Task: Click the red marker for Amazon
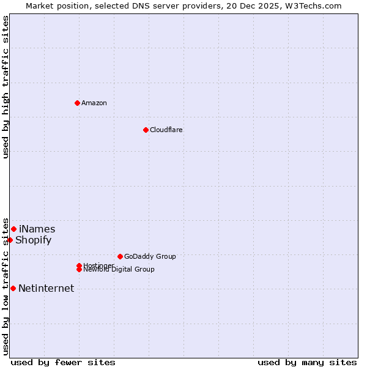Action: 77,103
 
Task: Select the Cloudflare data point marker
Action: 146,130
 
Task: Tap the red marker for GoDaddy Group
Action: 120,256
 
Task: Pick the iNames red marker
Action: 13,229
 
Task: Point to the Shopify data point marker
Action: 10,240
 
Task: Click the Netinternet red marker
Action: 13,288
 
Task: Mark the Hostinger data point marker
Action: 79,265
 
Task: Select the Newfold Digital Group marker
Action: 80,269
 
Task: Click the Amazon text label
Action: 94,103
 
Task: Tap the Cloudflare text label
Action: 166,130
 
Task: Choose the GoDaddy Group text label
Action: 150,256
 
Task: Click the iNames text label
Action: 37,229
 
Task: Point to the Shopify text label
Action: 34,240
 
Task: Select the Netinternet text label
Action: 46,288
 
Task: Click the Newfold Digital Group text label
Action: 119,270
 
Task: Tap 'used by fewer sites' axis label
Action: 63,362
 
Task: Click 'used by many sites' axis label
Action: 307,362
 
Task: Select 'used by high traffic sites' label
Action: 6,87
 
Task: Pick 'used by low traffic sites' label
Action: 6,286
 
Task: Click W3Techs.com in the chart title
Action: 311,6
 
